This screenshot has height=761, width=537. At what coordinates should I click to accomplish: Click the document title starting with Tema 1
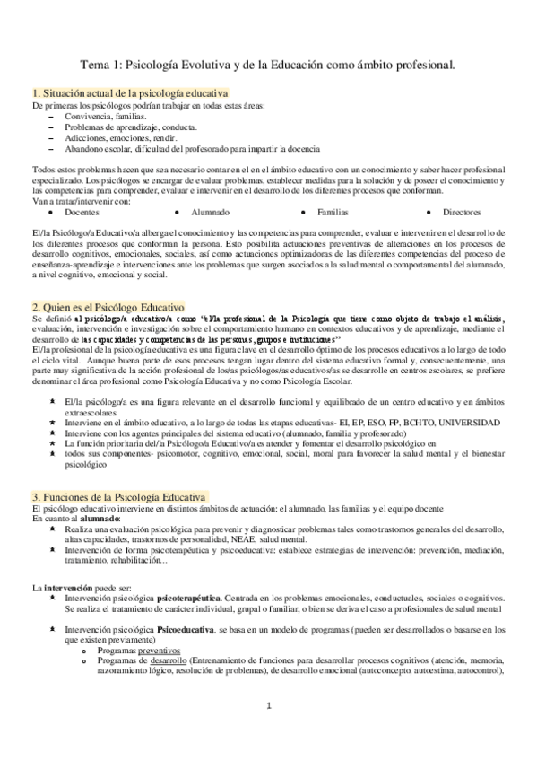(x=268, y=65)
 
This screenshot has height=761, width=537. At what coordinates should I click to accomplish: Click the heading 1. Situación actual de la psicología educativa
(x=129, y=92)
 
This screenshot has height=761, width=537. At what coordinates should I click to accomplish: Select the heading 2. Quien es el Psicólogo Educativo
(x=108, y=306)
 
